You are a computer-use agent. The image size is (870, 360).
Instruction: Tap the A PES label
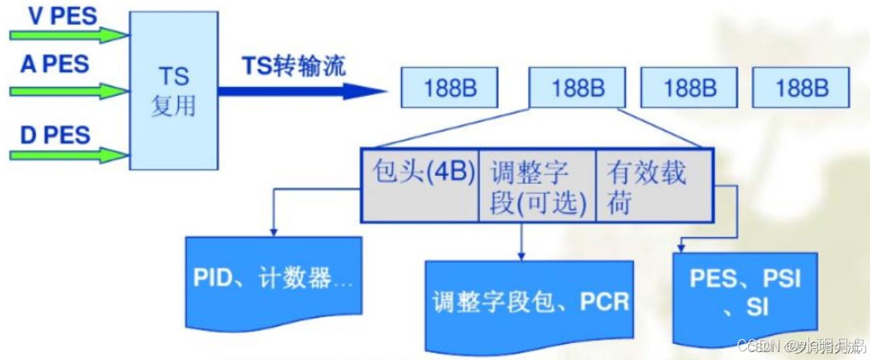[55, 65]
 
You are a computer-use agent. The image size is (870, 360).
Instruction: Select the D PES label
[55, 135]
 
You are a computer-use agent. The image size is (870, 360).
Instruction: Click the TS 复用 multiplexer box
[173, 91]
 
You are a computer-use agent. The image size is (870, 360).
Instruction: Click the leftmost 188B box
[450, 87]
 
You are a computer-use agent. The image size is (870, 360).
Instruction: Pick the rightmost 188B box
[801, 87]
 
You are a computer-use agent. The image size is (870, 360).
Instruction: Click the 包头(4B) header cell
[421, 185]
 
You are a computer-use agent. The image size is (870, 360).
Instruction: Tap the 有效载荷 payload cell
[652, 185]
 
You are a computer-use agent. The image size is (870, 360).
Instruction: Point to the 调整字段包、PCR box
[530, 302]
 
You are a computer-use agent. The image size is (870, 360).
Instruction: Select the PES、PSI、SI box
[745, 292]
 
